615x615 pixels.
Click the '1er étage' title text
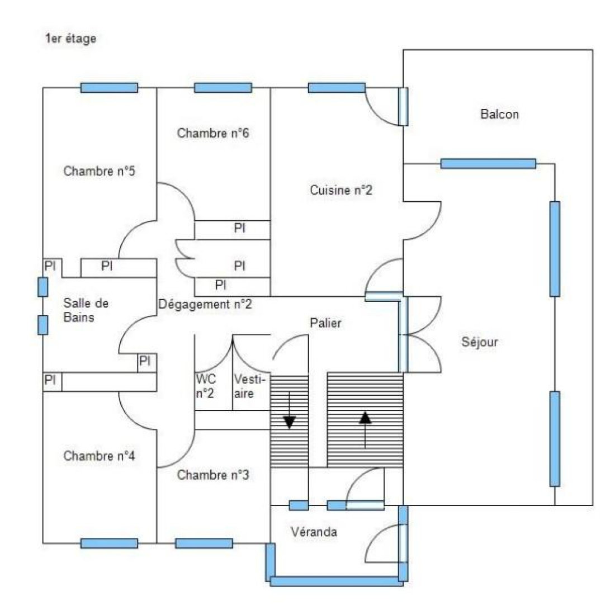(x=70, y=39)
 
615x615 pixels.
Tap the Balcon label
(x=499, y=114)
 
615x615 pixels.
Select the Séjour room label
(x=479, y=342)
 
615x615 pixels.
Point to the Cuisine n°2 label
(x=341, y=190)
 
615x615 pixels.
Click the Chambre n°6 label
(x=213, y=134)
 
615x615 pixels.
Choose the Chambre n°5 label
(x=99, y=172)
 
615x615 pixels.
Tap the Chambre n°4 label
(x=99, y=456)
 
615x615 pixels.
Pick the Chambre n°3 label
(x=213, y=475)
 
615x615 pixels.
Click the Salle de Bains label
(x=86, y=310)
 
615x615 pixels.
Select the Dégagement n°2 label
(x=205, y=304)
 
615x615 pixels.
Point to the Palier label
(x=325, y=323)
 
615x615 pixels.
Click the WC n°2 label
(x=206, y=386)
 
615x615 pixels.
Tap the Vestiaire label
(x=249, y=386)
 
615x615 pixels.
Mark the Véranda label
(x=314, y=532)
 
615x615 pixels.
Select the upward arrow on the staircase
(x=366, y=429)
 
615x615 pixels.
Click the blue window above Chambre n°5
(x=110, y=88)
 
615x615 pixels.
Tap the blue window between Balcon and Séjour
(x=488, y=164)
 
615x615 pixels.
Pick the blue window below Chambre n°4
(x=110, y=543)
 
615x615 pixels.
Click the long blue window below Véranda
(x=337, y=581)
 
